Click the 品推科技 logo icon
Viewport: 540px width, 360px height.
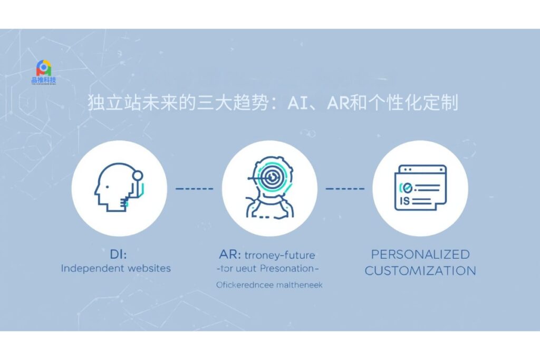44,68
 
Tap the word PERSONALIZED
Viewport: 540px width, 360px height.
420,255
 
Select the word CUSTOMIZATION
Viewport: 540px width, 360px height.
420,271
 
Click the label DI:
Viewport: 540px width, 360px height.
117,255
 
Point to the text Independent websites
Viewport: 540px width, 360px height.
116,268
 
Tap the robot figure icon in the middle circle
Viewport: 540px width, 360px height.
269,188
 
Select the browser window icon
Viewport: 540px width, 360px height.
420,188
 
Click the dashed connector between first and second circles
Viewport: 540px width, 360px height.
194,188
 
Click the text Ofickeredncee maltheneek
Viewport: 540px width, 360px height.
269,285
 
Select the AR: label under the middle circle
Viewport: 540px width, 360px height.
230,255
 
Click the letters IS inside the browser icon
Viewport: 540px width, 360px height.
406,200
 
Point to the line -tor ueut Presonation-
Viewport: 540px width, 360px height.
269,269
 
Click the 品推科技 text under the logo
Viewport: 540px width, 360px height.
44,81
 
